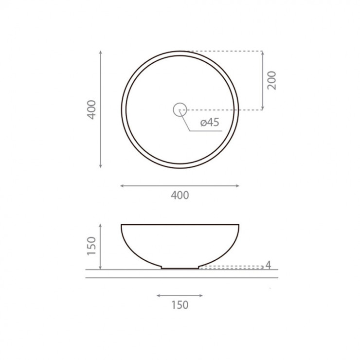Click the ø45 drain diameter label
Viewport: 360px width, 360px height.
tap(210, 122)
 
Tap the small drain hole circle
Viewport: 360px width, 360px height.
tap(180, 103)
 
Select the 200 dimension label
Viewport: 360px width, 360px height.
tap(272, 80)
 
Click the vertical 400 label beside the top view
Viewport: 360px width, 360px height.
tap(92, 110)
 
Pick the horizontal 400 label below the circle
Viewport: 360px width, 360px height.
tap(180, 196)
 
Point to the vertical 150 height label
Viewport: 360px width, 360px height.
tap(91, 246)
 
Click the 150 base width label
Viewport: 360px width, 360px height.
tap(180, 305)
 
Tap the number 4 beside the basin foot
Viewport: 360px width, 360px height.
tap(269, 265)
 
